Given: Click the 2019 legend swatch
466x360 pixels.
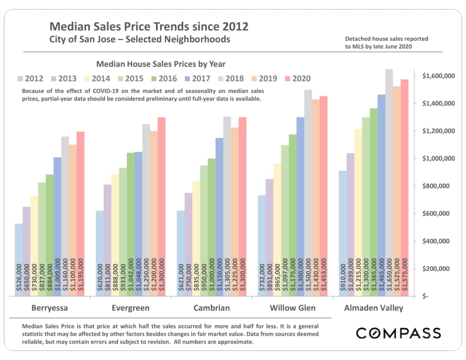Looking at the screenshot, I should click(x=254, y=79).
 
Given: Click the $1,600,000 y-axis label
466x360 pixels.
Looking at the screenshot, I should click(x=438, y=76).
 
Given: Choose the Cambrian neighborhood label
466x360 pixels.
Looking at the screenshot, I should click(x=212, y=308).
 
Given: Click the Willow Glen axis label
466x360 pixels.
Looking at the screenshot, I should click(x=292, y=308).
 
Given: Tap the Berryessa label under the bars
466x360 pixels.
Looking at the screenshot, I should click(x=50, y=308).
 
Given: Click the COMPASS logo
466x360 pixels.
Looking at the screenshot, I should click(x=398, y=333).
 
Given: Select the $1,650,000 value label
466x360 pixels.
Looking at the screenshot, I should click(x=389, y=275).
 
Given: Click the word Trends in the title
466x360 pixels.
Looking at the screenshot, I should click(x=171, y=27).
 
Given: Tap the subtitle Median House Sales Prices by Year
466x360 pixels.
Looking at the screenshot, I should click(x=161, y=64).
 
